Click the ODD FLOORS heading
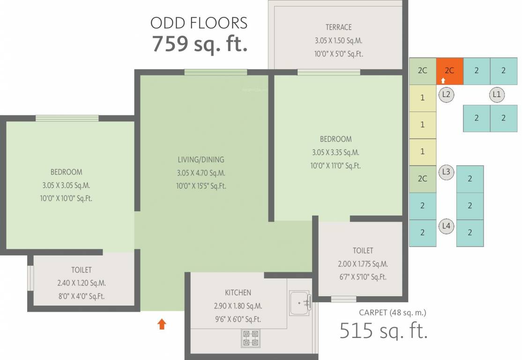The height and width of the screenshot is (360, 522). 199,23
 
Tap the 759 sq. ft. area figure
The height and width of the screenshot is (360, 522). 199,44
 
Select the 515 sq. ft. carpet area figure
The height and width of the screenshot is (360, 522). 383,330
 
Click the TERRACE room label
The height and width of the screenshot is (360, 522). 338,27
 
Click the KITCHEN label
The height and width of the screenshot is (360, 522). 238,292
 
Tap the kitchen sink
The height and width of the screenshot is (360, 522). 300,303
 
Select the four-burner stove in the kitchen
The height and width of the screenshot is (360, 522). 251,338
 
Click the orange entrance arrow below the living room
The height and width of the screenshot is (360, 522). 162,324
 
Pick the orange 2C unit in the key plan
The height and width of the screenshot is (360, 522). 449,71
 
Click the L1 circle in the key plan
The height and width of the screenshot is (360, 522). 497,95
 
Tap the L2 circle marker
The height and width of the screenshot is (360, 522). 446,95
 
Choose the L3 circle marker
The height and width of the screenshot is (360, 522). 446,172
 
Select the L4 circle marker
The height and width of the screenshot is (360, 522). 446,226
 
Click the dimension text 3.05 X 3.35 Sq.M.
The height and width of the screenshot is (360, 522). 336,152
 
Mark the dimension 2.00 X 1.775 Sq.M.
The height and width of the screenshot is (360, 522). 363,264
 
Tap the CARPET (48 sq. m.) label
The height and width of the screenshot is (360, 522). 393,312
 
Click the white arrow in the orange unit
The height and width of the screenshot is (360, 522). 443,81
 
